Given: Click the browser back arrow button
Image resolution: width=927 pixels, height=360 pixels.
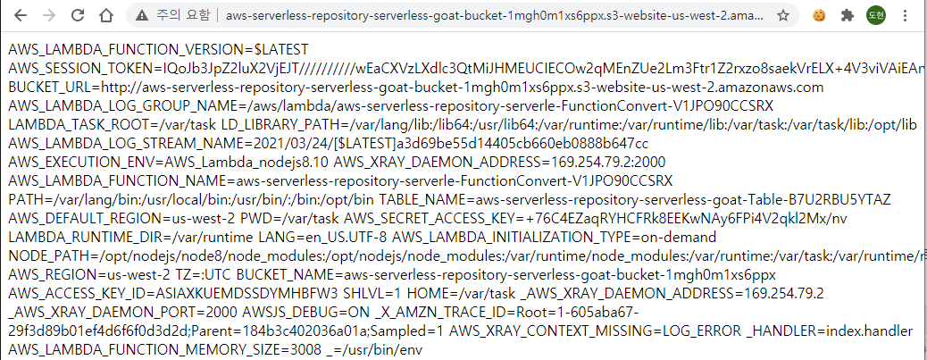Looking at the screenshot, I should pos(21,15).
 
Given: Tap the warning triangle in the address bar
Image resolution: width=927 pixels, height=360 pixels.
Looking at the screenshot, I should pos(140,15).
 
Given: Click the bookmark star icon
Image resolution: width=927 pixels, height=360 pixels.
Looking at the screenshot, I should pos(783,15).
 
